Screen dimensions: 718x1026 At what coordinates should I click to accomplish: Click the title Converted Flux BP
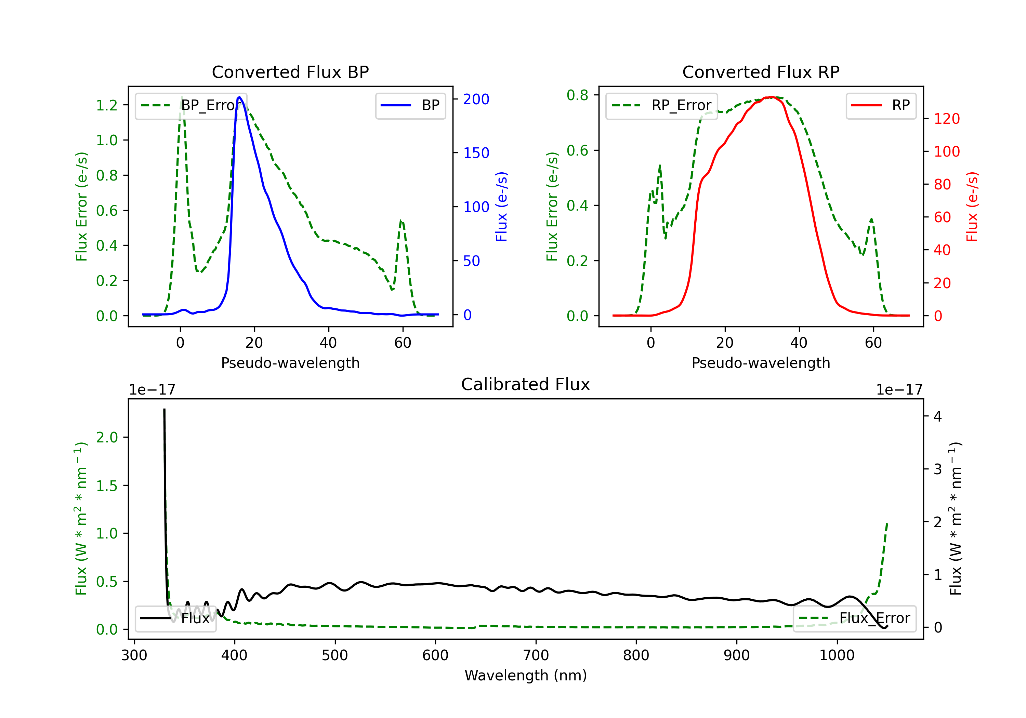pos(290,72)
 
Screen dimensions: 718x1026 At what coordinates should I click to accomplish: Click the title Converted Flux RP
pos(761,72)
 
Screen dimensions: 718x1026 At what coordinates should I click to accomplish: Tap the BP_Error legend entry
pos(191,105)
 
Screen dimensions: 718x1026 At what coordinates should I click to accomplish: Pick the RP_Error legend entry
pos(661,105)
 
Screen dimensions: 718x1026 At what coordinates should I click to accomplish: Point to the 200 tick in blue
pos(476,99)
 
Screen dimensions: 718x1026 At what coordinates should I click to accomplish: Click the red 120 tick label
pos(946,119)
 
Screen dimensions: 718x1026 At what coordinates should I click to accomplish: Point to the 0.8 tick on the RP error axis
pos(577,95)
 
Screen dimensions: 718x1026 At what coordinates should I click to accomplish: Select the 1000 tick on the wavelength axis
pos(837,655)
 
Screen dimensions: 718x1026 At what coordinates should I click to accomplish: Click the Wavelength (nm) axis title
pos(526,675)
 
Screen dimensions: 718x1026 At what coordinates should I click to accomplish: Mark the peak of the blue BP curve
pos(239,97)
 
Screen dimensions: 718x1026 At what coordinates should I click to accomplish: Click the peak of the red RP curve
pos(771,97)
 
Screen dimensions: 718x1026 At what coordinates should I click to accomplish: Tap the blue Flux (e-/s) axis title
pos(501,207)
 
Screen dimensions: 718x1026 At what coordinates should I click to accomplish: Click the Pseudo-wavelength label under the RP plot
pos(761,363)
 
